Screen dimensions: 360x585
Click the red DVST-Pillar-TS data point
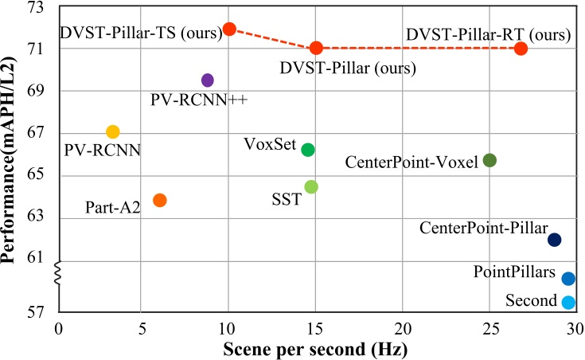pos(229,29)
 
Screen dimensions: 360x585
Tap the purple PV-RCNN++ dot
pos(208,80)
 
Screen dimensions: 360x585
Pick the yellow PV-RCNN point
pos(113,131)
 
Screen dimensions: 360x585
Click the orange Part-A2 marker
pos(159,200)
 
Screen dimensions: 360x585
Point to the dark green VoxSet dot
pos(308,150)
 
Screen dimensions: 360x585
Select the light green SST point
pos(311,186)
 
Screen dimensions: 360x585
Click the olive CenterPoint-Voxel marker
pos(489,160)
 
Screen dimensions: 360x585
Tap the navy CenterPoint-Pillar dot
pos(555,239)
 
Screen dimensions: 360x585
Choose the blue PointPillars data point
pos(567,278)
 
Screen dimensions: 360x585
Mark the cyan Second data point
pos(567,302)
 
